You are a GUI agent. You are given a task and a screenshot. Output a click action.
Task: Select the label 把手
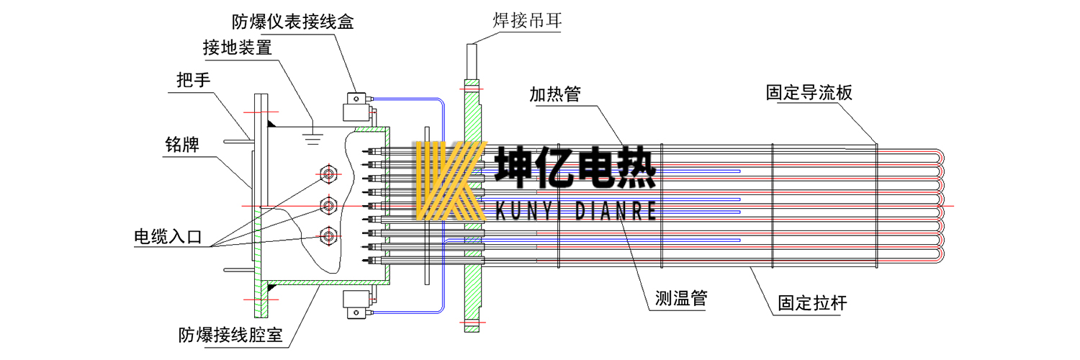click(x=194, y=81)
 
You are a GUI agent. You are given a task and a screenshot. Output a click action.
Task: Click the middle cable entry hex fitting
click(x=329, y=204)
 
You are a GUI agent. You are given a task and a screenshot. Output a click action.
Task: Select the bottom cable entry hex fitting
click(x=329, y=235)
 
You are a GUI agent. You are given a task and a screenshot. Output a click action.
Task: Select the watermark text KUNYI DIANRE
click(x=576, y=210)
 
